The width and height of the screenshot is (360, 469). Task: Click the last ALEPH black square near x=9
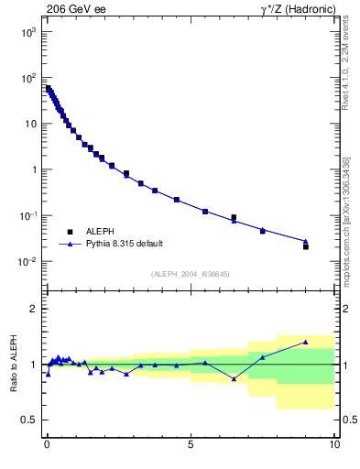pos(306,246)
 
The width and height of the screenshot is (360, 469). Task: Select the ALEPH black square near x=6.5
pos(234,217)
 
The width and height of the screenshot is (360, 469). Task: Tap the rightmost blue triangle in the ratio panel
pos(306,342)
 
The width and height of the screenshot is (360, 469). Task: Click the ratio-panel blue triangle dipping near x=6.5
pos(234,378)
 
